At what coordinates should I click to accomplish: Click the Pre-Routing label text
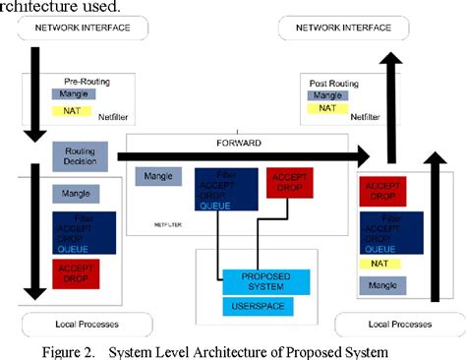(86, 81)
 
